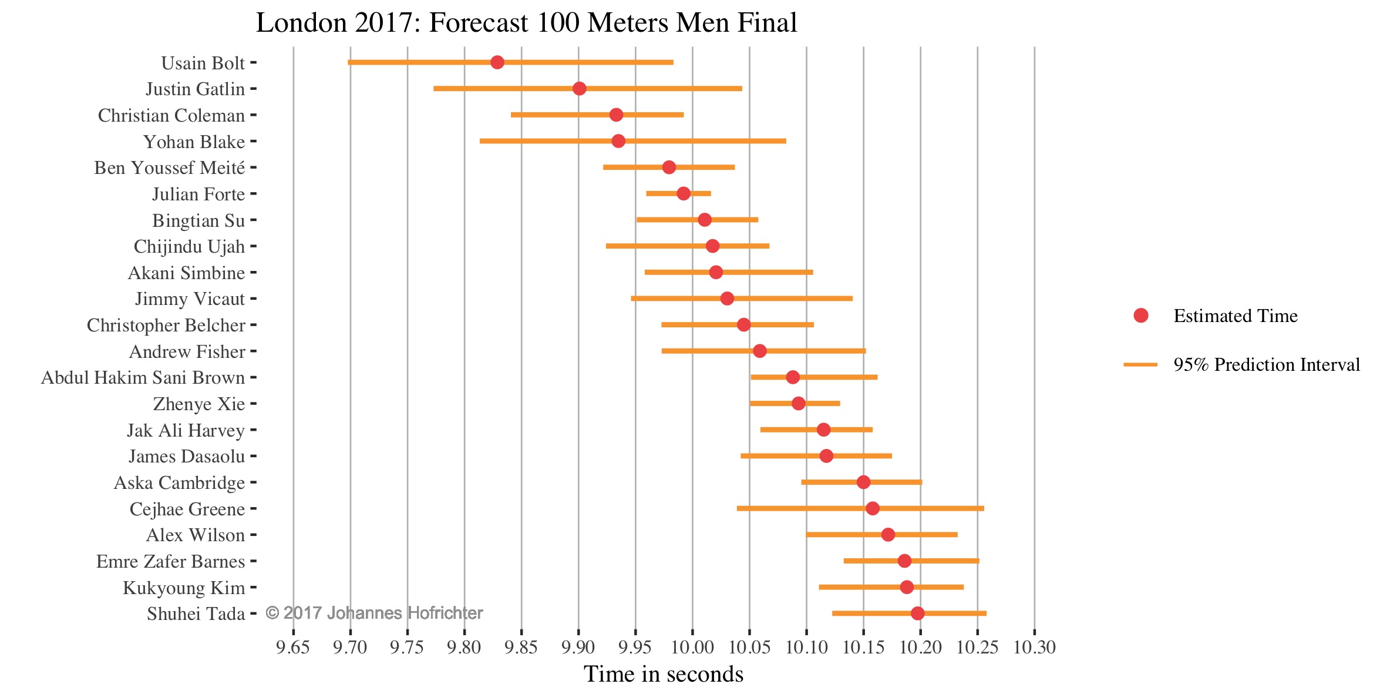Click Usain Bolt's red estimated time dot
tap(497, 62)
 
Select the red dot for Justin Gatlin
tap(579, 89)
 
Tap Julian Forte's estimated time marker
tap(684, 193)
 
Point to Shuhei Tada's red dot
tap(917, 613)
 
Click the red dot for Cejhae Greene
tap(873, 508)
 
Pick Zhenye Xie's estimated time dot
tap(798, 403)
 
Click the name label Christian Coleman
tap(171, 115)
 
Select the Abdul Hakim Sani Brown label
tap(143, 377)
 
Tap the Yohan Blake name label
tap(194, 142)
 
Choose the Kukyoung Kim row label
tap(184, 588)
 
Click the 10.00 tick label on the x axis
tap(692, 647)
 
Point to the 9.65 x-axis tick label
tap(292, 647)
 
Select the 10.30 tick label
tap(1034, 647)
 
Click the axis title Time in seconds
tap(664, 674)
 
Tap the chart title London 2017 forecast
tap(526, 23)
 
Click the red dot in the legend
tap(1141, 316)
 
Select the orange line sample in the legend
tap(1140, 365)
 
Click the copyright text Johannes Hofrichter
tap(374, 613)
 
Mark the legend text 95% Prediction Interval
tap(1267, 365)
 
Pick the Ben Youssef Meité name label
tap(169, 168)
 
